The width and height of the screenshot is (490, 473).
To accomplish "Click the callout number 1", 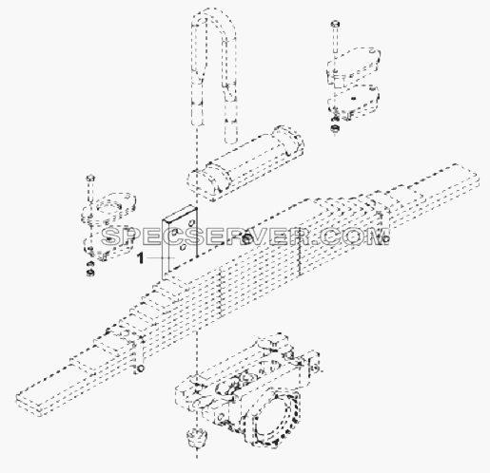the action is pyautogui.click(x=140, y=258).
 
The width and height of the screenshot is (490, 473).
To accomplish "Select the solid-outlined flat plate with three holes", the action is pyautogui.click(x=180, y=242).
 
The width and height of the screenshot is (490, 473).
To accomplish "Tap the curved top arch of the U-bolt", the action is pyautogui.click(x=213, y=17).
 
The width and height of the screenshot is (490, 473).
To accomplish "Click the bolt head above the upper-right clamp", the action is pyautogui.click(x=336, y=24).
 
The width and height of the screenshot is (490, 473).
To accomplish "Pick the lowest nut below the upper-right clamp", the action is pyautogui.click(x=335, y=128).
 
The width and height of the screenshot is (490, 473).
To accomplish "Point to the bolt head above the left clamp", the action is pyautogui.click(x=90, y=178).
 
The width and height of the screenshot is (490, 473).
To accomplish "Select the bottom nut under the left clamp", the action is pyautogui.click(x=90, y=272).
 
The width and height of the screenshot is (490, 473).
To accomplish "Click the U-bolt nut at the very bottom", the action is pyautogui.click(x=197, y=438).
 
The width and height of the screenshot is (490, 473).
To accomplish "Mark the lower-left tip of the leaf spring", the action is pyautogui.click(x=16, y=400).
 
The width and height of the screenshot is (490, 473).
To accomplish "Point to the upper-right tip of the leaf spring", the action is pyautogui.click(x=479, y=180).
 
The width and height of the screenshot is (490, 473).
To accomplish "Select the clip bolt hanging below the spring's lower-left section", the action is pyautogui.click(x=141, y=369).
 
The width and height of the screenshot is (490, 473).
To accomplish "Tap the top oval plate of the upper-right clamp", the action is pyautogui.click(x=353, y=65).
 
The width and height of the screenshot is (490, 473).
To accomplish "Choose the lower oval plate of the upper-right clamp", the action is pyautogui.click(x=354, y=100).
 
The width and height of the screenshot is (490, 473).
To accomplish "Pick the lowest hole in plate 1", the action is pyautogui.click(x=183, y=247).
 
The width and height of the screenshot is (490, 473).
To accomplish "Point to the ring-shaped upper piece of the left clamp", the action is pyautogui.click(x=109, y=207).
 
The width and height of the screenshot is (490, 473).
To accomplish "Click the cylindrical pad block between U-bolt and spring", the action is pyautogui.click(x=245, y=163).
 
